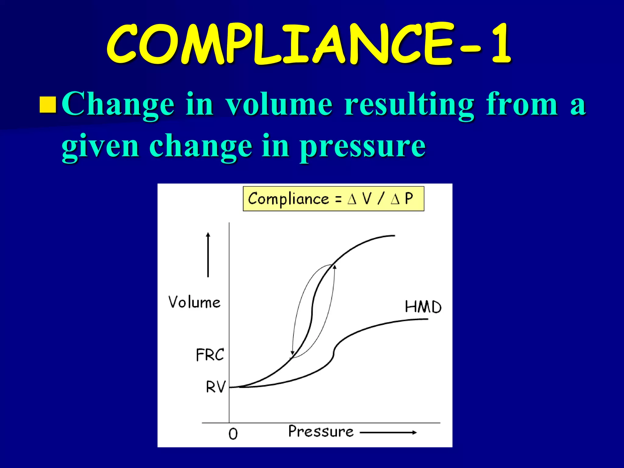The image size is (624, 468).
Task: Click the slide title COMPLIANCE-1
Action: click(308, 44)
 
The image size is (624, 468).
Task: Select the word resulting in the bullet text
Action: click(409, 105)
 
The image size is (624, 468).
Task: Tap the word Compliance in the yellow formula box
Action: click(288, 199)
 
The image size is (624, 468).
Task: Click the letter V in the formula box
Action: click(367, 199)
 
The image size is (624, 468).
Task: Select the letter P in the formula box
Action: click(409, 199)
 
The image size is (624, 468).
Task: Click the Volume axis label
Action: click(194, 302)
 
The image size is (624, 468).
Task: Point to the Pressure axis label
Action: click(321, 431)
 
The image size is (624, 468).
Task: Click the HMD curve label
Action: click(423, 307)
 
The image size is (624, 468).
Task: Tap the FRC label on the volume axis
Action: click(210, 355)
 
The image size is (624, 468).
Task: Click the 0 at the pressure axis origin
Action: click(233, 434)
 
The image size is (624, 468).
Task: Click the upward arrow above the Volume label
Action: click(208, 254)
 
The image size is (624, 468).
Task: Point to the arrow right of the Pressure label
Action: click(388, 432)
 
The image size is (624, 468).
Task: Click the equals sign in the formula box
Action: click(338, 199)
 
